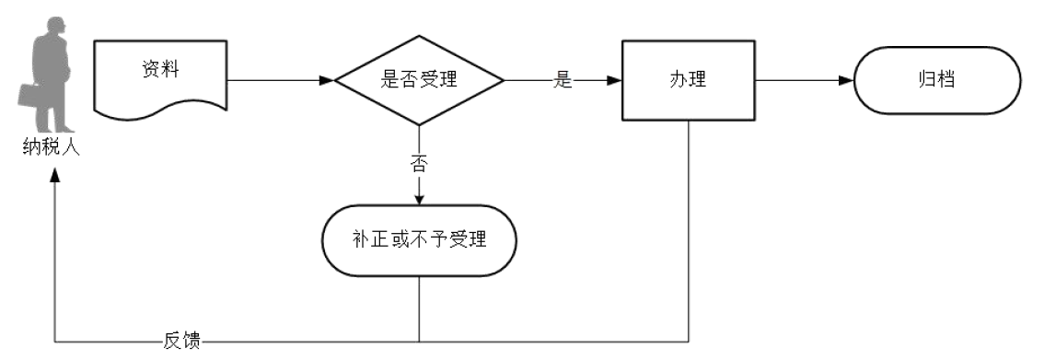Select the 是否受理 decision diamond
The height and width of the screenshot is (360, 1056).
click(x=419, y=80)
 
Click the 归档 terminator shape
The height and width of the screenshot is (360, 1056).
click(x=937, y=80)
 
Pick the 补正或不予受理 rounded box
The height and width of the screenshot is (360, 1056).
click(x=419, y=241)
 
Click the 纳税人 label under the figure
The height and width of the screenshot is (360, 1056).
click(x=52, y=146)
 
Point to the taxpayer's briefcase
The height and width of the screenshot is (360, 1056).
click(x=29, y=94)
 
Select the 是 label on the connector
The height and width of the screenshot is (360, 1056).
click(x=563, y=80)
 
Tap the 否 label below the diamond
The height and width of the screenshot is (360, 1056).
click(x=419, y=165)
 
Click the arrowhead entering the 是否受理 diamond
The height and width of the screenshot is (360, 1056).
click(x=326, y=80)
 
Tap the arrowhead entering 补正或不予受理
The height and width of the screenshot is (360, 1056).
click(x=419, y=198)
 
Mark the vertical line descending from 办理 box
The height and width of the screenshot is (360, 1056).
click(x=688, y=230)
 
